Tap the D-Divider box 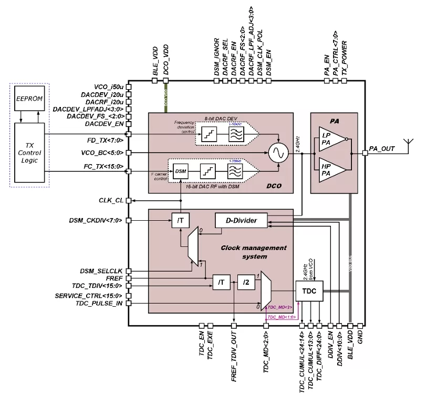point(241,221)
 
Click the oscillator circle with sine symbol point(276,153)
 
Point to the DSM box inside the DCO point(181,171)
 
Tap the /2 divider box point(245,284)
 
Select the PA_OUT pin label point(382,149)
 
